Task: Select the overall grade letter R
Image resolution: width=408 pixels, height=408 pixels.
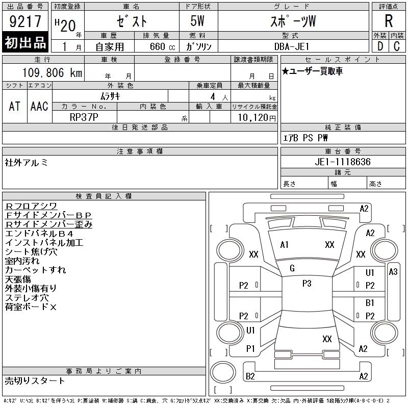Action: [389, 21]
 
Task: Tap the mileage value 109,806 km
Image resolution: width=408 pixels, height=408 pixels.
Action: [53, 73]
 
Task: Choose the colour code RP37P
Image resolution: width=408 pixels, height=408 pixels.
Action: [85, 116]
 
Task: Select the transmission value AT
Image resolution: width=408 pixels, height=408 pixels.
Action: [15, 106]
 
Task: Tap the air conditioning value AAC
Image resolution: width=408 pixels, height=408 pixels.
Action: [39, 106]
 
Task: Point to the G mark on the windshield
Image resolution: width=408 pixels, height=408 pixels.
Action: [292, 268]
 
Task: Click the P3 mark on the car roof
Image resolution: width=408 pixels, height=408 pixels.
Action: [307, 284]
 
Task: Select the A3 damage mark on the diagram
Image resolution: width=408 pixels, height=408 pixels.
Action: [393, 272]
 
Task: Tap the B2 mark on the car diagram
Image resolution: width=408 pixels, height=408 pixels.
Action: [250, 376]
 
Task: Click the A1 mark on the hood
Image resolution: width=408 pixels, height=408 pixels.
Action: [285, 245]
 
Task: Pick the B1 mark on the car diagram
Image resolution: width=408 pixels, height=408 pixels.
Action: [370, 303]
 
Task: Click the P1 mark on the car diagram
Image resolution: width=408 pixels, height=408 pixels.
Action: [250, 349]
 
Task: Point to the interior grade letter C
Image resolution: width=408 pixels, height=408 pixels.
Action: [397, 46]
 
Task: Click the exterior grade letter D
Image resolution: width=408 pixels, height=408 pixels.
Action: [380, 46]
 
